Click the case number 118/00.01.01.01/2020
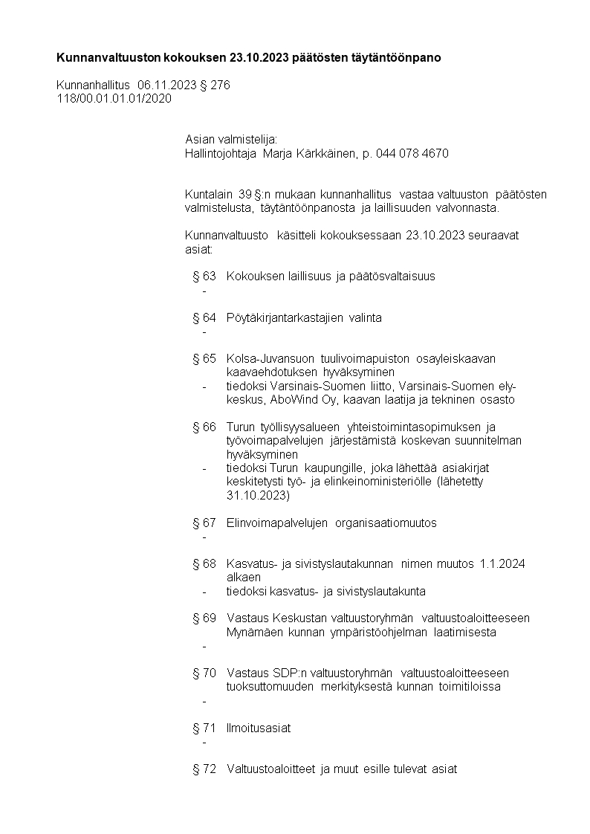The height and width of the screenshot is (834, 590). (114, 98)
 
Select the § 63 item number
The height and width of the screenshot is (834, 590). (204, 277)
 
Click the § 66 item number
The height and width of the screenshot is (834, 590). (204, 427)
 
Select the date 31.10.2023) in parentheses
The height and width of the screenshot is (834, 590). (258, 496)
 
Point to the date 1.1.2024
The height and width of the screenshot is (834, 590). (502, 564)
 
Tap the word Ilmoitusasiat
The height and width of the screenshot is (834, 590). (259, 728)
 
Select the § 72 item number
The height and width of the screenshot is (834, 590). (204, 769)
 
